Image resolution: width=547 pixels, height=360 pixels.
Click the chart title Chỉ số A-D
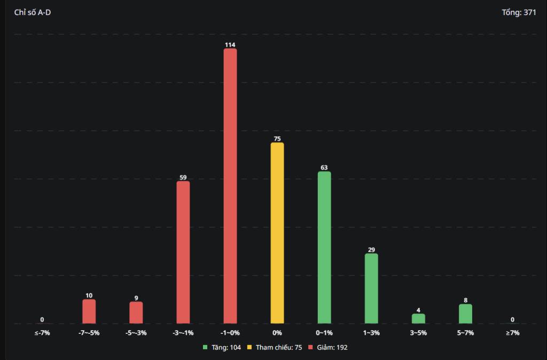[33, 12]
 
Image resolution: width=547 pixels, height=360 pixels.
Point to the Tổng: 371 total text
[519, 12]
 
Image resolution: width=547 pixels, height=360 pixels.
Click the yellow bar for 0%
[277, 233]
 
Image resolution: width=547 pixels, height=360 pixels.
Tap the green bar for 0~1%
[324, 247]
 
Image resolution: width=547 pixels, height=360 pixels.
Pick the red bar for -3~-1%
[183, 252]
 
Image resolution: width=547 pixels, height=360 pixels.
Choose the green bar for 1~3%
[371, 288]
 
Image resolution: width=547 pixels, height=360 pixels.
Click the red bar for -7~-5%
[89, 311]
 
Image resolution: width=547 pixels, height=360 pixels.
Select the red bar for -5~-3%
[136, 312]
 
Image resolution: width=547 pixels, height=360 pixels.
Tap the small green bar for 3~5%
[418, 318]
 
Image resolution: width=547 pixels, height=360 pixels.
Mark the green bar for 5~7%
[465, 314]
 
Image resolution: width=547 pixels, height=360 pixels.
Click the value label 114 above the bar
[230, 45]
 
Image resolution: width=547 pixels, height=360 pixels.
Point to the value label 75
[277, 139]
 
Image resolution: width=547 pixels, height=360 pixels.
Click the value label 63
[324, 168]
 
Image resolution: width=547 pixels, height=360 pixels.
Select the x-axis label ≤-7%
[42, 333]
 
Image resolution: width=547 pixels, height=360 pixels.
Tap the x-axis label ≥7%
[512, 333]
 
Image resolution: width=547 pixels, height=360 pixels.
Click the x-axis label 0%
[277, 333]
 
